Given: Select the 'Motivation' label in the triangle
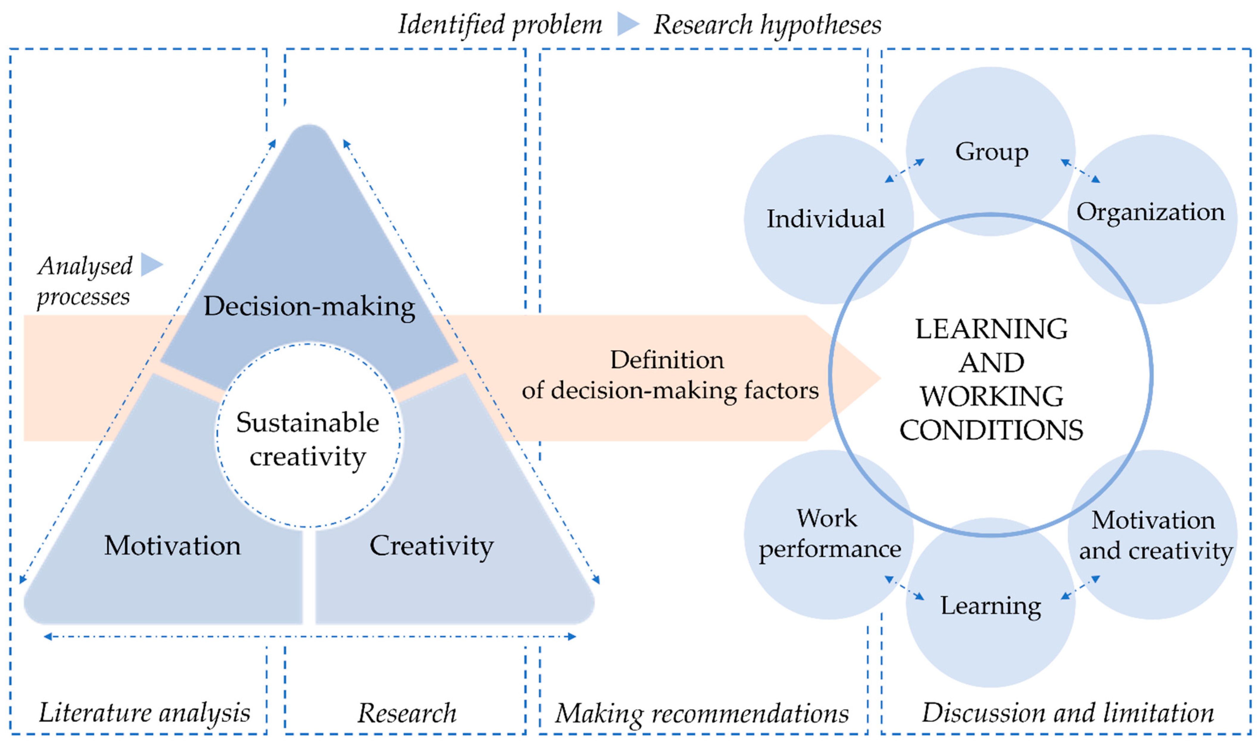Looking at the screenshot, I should point(172,545).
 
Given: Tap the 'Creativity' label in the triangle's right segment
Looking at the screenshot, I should point(431,545).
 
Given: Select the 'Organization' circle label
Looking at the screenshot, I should point(1150,212).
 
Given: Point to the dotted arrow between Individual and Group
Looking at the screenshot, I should point(904,170).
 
